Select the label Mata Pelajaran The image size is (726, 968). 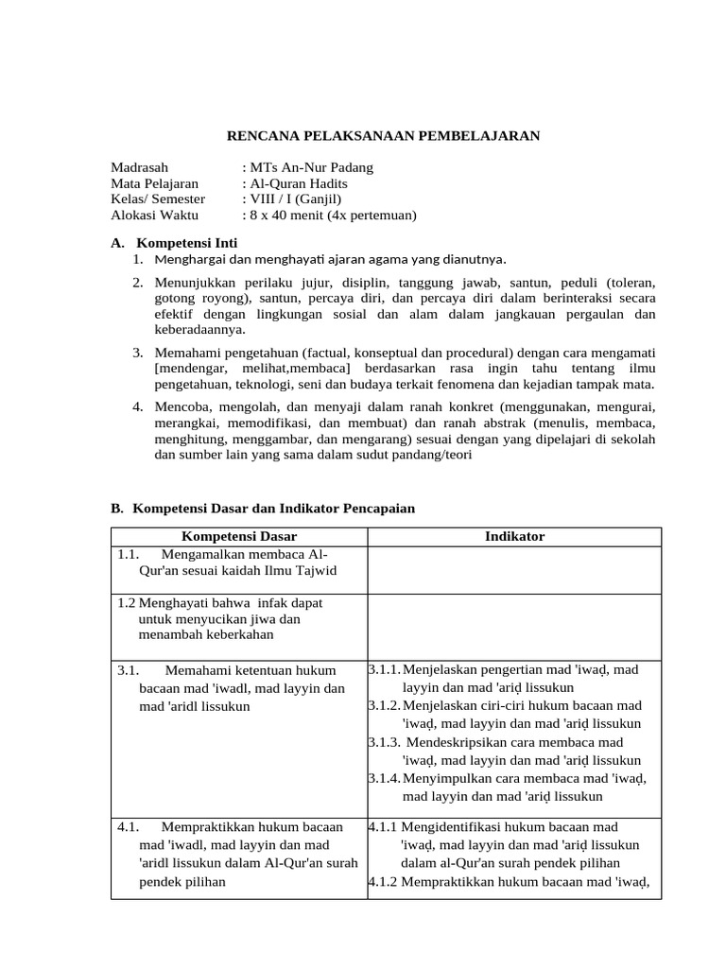point(155,183)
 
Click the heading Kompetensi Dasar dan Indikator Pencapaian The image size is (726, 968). point(273,509)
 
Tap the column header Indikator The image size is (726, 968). point(514,537)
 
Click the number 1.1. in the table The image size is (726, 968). point(130,554)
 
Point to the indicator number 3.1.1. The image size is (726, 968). point(385,669)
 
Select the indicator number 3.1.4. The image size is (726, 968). point(385,778)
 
